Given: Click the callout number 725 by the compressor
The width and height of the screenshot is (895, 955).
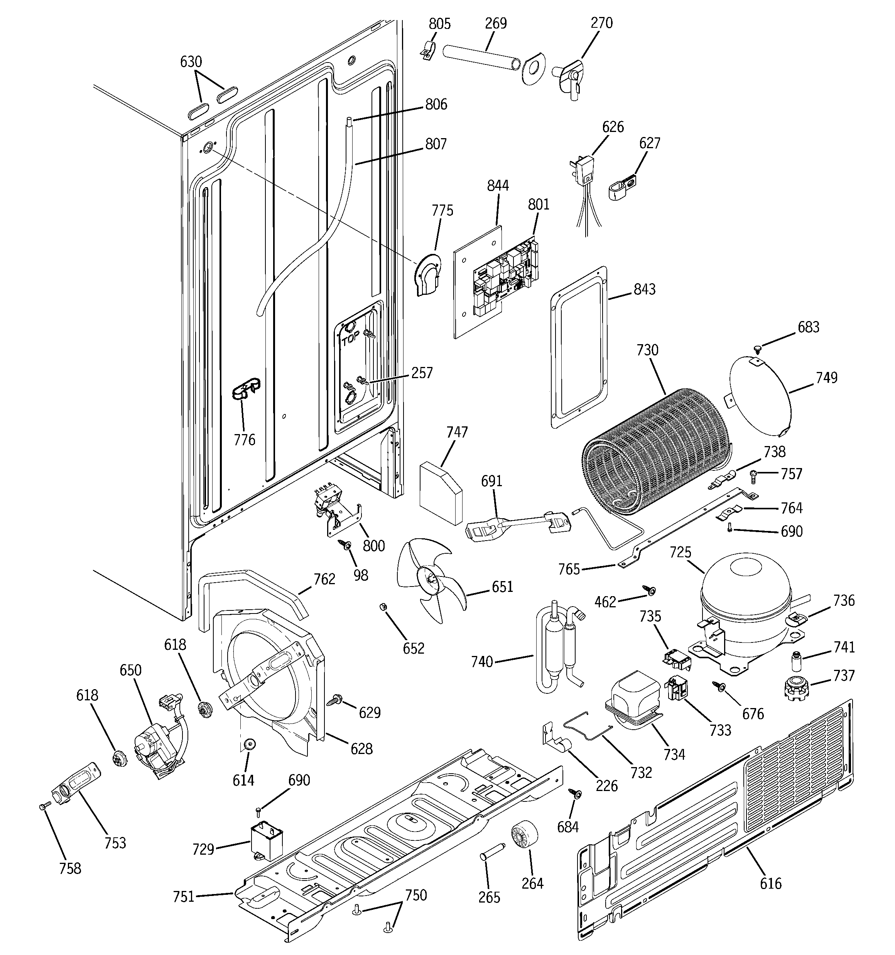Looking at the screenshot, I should click(x=680, y=553).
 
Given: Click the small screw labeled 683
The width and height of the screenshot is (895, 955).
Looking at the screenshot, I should click(x=757, y=347).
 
